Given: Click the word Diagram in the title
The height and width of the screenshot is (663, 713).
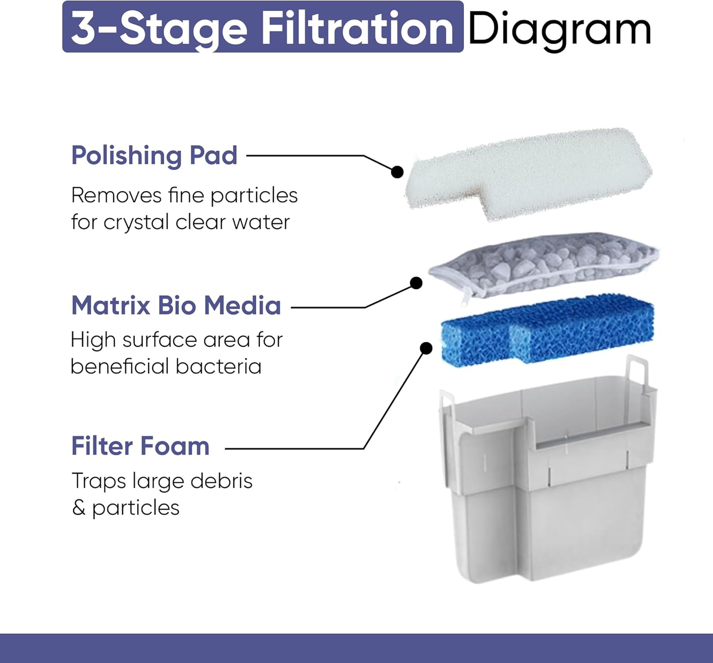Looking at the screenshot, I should pos(559,29).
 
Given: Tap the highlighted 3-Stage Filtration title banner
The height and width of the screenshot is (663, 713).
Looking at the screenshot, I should pos(262,28).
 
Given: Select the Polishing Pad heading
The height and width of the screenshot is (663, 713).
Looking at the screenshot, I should pos(154,156).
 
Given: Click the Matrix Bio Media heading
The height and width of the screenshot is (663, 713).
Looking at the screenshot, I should pos(176,305).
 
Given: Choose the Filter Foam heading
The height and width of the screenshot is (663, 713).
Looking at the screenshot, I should pos(140,446).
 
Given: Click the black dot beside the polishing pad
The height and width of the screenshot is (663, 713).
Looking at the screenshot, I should pos(397,172).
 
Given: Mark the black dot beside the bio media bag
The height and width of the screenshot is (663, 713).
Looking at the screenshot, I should pos(416,283).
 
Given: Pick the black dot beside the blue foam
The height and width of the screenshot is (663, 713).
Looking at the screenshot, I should pos(426,348).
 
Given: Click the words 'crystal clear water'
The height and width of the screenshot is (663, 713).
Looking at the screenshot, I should pos(196,222).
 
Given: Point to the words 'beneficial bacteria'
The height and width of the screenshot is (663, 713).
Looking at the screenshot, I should pos(166,367).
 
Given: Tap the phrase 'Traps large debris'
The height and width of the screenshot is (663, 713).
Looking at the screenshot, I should pos(162,481).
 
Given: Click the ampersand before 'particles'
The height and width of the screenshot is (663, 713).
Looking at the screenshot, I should pos(78,507).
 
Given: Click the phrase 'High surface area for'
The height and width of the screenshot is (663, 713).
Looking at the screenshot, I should pos(176,340).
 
